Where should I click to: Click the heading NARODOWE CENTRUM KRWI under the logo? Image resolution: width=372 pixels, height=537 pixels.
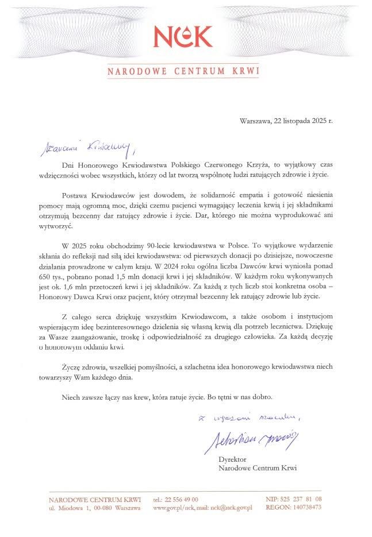point(183,72)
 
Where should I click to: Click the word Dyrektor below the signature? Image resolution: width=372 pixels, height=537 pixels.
point(232,460)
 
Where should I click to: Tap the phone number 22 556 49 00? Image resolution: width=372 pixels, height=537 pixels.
point(181,499)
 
